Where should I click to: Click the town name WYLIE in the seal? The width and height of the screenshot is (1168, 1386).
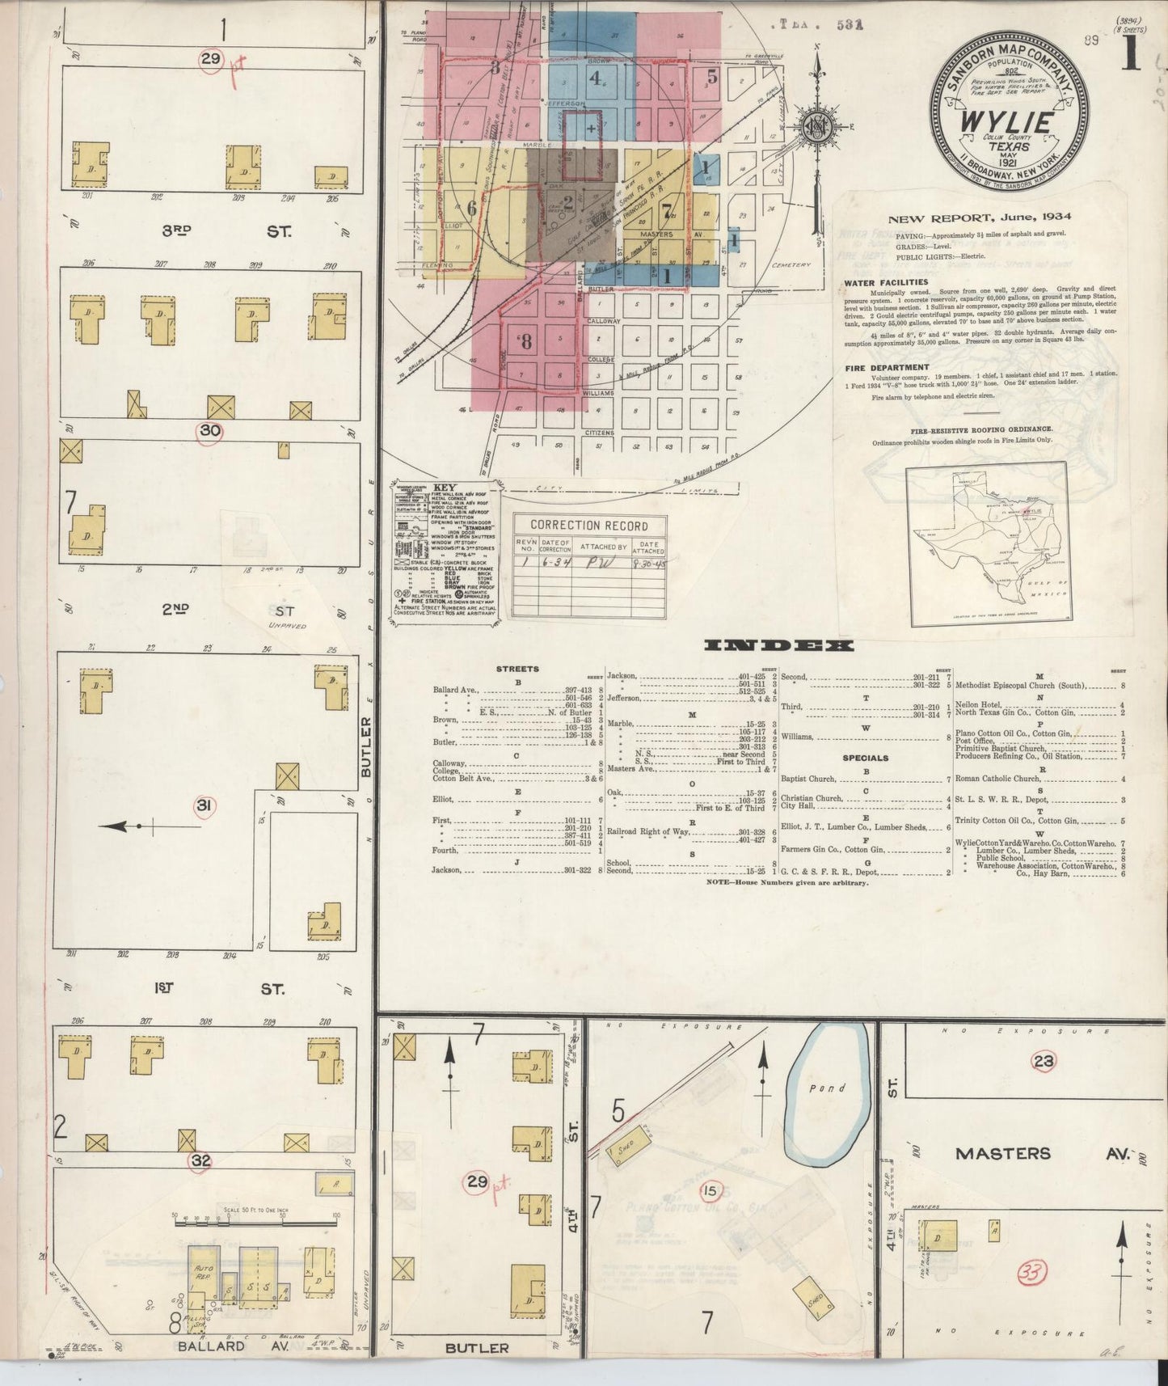click(x=1007, y=122)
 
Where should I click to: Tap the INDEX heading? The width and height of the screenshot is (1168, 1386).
click(x=779, y=645)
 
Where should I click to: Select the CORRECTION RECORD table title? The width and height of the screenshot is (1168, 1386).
click(x=588, y=525)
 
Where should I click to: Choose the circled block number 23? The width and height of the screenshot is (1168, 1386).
click(x=1044, y=1061)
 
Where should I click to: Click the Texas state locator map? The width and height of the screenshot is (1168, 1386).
click(x=987, y=547)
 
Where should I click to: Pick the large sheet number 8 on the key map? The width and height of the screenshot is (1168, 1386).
click(x=526, y=341)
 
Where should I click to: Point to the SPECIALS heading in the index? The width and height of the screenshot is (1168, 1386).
click(x=865, y=758)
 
